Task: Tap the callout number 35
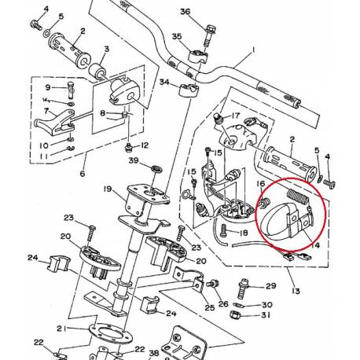click(x=177, y=37)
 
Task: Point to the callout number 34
click(x=163, y=82)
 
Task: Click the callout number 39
click(x=134, y=160)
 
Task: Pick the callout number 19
click(x=107, y=189)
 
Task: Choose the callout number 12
click(x=144, y=145)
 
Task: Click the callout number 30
click(x=266, y=304)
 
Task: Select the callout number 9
click(x=48, y=87)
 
